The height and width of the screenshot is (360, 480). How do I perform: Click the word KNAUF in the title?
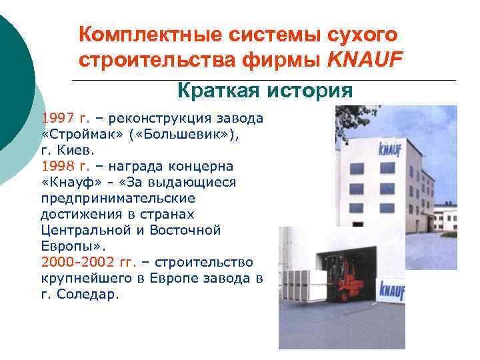click(365, 61)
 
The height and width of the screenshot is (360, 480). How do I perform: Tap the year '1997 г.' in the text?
click(65, 119)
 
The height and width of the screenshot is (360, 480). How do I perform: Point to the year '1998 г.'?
click(65, 166)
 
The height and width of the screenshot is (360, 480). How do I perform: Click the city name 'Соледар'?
click(89, 294)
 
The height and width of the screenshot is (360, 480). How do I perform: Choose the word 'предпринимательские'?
click(117, 198)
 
